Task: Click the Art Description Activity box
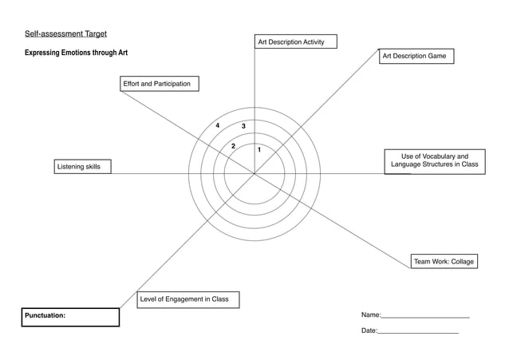coord(295,42)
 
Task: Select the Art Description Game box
coord(416,57)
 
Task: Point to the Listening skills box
coord(82,166)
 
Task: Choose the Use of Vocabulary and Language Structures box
coord(434,160)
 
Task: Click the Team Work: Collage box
coord(444,261)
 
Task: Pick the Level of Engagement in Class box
coord(187,299)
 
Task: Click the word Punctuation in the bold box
coord(45,316)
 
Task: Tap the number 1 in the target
coord(259,150)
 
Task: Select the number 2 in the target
coord(233,146)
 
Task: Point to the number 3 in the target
coord(243,127)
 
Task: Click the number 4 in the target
coord(218,125)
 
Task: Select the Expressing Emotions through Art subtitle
coord(76,53)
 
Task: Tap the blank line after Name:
coord(426,318)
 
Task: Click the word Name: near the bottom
coord(371,316)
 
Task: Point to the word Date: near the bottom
coord(369,330)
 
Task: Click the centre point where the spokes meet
coord(254,173)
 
